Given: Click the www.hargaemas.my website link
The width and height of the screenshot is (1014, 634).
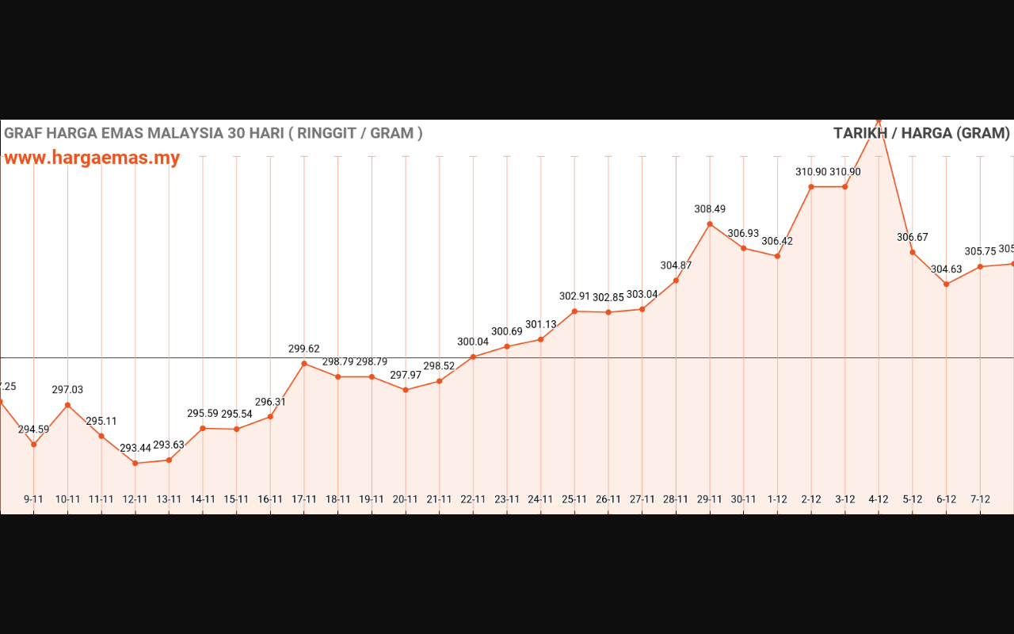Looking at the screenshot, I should [92, 158].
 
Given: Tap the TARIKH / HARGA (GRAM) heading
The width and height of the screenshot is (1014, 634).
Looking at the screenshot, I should [921, 133].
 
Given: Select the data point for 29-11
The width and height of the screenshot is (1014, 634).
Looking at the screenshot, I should [710, 224].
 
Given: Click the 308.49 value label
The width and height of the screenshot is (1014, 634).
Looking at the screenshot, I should [710, 209].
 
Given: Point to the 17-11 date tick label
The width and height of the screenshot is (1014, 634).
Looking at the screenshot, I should [304, 499].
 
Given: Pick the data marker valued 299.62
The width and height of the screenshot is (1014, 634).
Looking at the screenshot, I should [304, 364].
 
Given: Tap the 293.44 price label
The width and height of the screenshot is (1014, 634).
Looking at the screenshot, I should [135, 449].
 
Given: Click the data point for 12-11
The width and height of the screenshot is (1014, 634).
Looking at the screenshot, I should [135, 464].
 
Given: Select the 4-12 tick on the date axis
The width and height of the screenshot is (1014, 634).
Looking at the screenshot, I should [879, 499].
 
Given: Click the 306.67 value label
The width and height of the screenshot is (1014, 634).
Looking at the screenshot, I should [913, 237].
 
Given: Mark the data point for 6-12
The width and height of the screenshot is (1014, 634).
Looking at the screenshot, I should [947, 284].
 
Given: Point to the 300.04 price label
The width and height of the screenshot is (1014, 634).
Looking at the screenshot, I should [473, 342].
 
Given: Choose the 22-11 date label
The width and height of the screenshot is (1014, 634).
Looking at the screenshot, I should [473, 499].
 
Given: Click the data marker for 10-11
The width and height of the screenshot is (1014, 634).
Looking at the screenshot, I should [67, 405].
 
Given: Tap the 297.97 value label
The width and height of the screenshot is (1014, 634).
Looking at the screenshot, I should [406, 375].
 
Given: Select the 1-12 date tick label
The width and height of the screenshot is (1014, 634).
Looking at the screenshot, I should [777, 499].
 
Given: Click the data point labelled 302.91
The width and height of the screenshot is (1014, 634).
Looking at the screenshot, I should [574, 311].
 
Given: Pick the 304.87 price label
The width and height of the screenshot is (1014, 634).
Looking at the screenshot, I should [676, 265].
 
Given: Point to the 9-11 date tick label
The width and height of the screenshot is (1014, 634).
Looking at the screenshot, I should [34, 499].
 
